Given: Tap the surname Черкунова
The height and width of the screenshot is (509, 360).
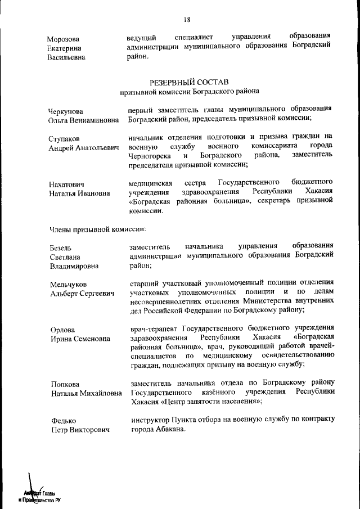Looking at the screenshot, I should pos(65,111).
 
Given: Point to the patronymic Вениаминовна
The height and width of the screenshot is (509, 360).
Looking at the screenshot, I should pos(94,120).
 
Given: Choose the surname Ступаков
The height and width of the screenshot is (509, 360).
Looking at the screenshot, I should pos(64,138).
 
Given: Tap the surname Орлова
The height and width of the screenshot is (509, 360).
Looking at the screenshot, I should pos(62,330).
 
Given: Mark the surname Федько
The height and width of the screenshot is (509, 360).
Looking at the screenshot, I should pos(62,421).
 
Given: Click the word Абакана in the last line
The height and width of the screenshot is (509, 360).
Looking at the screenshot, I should pos(168,429).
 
